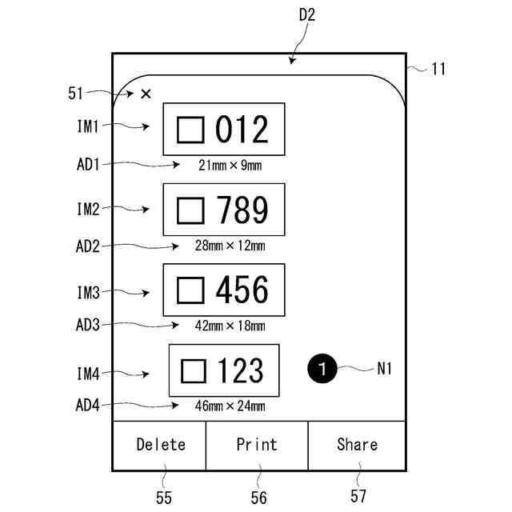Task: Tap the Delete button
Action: tap(160, 445)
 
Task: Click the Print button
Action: tap(257, 445)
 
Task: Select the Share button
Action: tap(357, 445)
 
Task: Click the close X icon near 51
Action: tap(146, 94)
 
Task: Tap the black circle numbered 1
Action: tap(321, 369)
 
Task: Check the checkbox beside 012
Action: tap(190, 130)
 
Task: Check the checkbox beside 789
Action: tap(190, 210)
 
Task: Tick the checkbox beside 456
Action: tap(190, 290)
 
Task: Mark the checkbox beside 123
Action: tap(194, 370)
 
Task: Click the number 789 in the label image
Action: tap(242, 210)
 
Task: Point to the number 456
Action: tap(242, 290)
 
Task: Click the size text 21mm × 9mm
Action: tap(230, 166)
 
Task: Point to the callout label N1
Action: tap(386, 369)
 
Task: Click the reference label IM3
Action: tap(88, 294)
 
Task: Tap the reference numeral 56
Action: tap(258, 498)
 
